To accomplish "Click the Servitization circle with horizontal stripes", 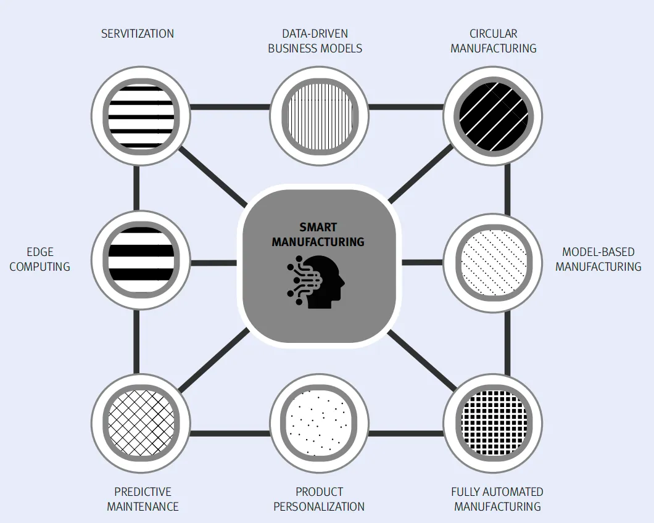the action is click(141, 115).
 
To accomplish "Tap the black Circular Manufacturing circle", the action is click(493, 115).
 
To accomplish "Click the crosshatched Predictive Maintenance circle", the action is click(141, 423).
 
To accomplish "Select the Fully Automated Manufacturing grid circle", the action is click(493, 423).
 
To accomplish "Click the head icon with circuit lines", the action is click(317, 282).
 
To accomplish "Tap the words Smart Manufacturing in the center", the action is click(318, 235).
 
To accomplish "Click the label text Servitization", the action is click(138, 33).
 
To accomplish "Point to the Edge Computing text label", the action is click(40, 259).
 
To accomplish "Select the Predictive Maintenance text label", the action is click(143, 499).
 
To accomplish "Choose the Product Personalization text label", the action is click(319, 499).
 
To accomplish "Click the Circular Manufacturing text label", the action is click(493, 41).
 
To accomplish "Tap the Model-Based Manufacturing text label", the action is click(598, 259).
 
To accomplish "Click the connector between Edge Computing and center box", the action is click(213, 263).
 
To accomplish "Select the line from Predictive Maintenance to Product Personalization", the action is click(230, 432).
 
